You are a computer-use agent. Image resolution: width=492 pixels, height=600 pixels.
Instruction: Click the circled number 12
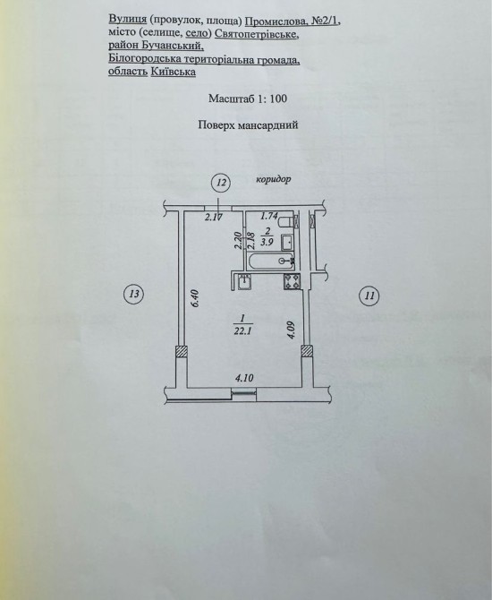pyautogui.click(x=222, y=182)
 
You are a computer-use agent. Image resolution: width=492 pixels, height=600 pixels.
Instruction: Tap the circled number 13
pyautogui.click(x=134, y=295)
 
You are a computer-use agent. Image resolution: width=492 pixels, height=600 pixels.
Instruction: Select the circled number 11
pyautogui.click(x=369, y=296)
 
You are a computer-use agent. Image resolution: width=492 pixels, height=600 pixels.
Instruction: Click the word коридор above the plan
pyautogui.click(x=274, y=179)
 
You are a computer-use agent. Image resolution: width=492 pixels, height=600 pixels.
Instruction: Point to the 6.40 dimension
pyautogui.click(x=195, y=298)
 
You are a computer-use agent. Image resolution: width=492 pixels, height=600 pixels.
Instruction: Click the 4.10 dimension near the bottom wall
pyautogui.click(x=244, y=378)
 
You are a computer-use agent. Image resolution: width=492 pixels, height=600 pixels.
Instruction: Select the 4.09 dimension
pyautogui.click(x=292, y=330)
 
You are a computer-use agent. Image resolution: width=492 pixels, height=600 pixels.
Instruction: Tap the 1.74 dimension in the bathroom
pyautogui.click(x=268, y=216)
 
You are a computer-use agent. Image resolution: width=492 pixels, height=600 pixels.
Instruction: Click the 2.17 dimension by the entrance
pyautogui.click(x=214, y=218)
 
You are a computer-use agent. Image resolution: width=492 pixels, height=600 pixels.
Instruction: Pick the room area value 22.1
pyautogui.click(x=242, y=331)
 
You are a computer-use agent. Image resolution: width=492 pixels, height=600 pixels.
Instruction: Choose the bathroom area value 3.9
pyautogui.click(x=267, y=242)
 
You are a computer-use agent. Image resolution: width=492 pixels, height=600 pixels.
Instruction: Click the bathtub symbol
pyautogui.click(x=271, y=261)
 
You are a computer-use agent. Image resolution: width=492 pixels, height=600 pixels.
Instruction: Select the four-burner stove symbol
pyautogui.click(x=292, y=282)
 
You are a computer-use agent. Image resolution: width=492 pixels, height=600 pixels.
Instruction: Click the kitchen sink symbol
pyautogui.click(x=244, y=282)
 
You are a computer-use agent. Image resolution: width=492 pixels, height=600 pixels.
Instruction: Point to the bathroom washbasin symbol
pyautogui.click(x=287, y=242)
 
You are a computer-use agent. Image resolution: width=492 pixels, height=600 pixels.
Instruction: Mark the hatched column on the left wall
pyautogui.click(x=182, y=351)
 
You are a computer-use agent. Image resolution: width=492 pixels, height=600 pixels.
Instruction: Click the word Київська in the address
pyautogui.click(x=174, y=72)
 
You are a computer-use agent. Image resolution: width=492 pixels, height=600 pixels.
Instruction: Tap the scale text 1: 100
pyautogui.click(x=272, y=99)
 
